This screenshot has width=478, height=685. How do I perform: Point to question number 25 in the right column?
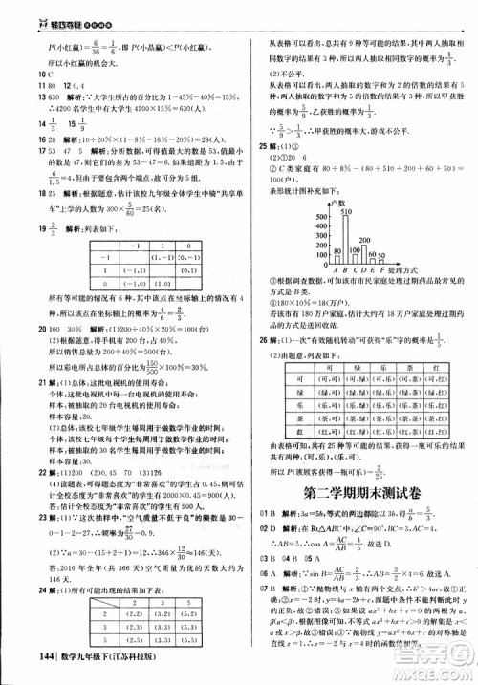(261, 145)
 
